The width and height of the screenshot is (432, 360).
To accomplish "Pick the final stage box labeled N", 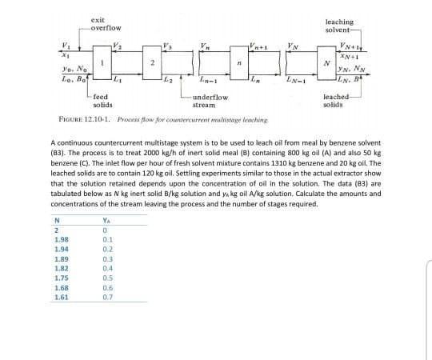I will pyautogui.click(x=323, y=63).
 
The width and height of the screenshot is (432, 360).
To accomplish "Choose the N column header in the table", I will pyautogui.click(x=56, y=222).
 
